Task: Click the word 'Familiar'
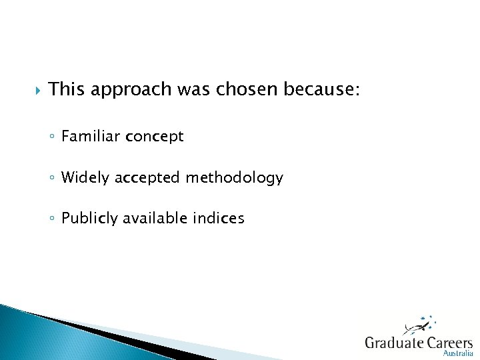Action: [x=89, y=137]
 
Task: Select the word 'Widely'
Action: [x=86, y=178]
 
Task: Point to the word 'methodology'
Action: [x=235, y=179]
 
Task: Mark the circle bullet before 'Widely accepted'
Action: [x=52, y=179]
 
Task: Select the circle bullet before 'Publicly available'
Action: [x=52, y=219]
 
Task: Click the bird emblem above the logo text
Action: [x=418, y=327]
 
